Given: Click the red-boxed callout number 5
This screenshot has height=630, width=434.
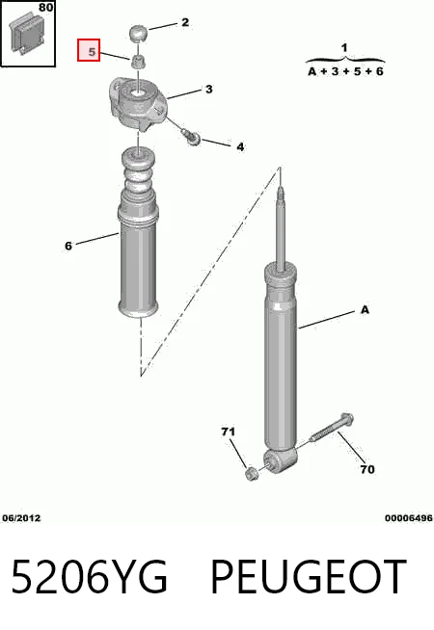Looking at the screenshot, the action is coord(92,52).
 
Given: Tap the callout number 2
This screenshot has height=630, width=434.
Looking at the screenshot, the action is coord(185,22).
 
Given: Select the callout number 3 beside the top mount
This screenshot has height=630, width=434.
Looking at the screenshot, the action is coord(208,89).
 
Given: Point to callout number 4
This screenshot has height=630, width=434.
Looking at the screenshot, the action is coord(240,147).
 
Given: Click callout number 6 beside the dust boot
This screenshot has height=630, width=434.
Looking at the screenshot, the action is coord(68,246).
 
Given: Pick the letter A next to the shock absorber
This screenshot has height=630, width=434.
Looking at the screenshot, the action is coord(365,310).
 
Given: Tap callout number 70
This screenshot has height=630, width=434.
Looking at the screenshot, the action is coord(366,469).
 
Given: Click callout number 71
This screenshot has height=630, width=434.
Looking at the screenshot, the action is coord(228,432).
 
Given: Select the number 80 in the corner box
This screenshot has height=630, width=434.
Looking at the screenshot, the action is coord(46,7).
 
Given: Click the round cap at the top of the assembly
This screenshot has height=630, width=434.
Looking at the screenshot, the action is coord(138,33).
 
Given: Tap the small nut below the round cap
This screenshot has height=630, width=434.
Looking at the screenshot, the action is coord(138,62).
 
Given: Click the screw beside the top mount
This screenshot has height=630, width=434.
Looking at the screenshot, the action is coord(191,136).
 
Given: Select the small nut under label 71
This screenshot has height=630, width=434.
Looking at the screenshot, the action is coord(252,474).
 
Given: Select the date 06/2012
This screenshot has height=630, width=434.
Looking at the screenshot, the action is coord(21,518).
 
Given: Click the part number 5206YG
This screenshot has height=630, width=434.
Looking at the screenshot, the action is coord(89,576).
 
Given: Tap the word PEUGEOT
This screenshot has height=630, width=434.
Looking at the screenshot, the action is coord(309,576).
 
